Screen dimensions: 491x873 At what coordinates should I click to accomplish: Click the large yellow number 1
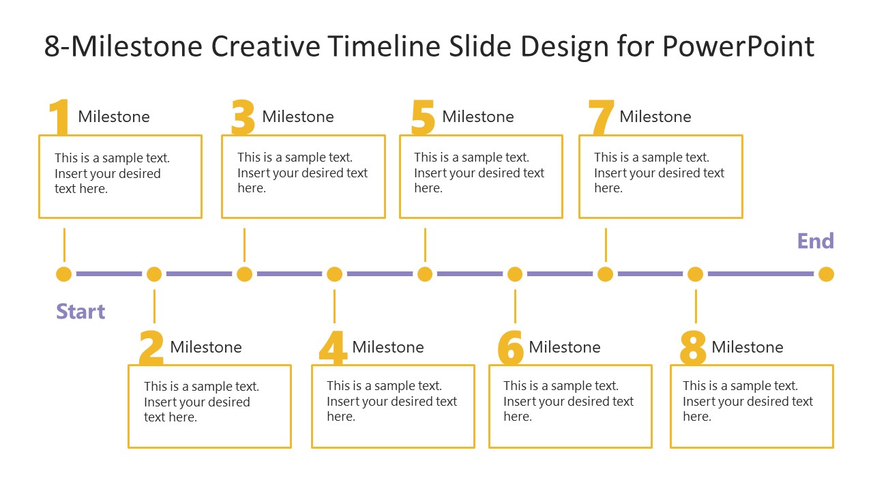point(61,117)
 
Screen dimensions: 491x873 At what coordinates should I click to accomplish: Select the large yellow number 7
point(601,117)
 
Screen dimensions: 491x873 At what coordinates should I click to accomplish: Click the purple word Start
point(80,312)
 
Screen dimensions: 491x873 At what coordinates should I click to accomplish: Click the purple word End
point(815,241)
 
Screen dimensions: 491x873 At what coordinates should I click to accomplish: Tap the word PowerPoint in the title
point(738,46)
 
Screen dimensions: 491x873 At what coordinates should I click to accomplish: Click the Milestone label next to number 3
point(298,117)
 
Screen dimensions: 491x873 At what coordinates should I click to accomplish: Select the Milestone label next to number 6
point(565,347)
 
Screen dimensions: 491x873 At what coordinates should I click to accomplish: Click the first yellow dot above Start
point(64,274)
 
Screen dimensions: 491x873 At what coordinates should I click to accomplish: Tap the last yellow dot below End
point(826,274)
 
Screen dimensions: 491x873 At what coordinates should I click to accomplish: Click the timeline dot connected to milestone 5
point(425,274)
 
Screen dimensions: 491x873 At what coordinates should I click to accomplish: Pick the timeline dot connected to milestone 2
point(154,274)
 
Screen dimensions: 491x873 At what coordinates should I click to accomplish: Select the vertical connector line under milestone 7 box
point(606,244)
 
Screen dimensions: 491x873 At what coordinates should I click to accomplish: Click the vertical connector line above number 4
point(334,306)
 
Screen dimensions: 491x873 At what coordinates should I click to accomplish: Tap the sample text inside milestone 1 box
point(108,173)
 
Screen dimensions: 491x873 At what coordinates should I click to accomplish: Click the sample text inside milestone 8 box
point(748,401)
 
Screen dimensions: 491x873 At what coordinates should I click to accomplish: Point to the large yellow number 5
point(423,117)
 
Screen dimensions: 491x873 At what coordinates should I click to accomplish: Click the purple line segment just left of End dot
point(760,274)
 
